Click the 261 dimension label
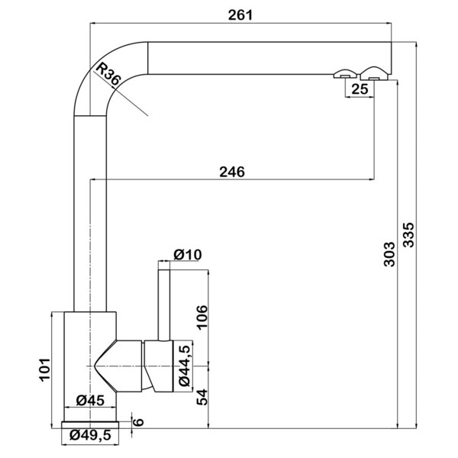pos(240,15)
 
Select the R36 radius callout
pos(108,75)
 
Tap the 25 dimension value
pos(360,89)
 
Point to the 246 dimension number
pos(232,172)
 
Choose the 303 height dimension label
pos(389,254)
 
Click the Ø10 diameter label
pos(188,255)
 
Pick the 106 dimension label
pos(202,318)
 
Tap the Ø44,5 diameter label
pos(185,366)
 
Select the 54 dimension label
pos(202,397)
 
